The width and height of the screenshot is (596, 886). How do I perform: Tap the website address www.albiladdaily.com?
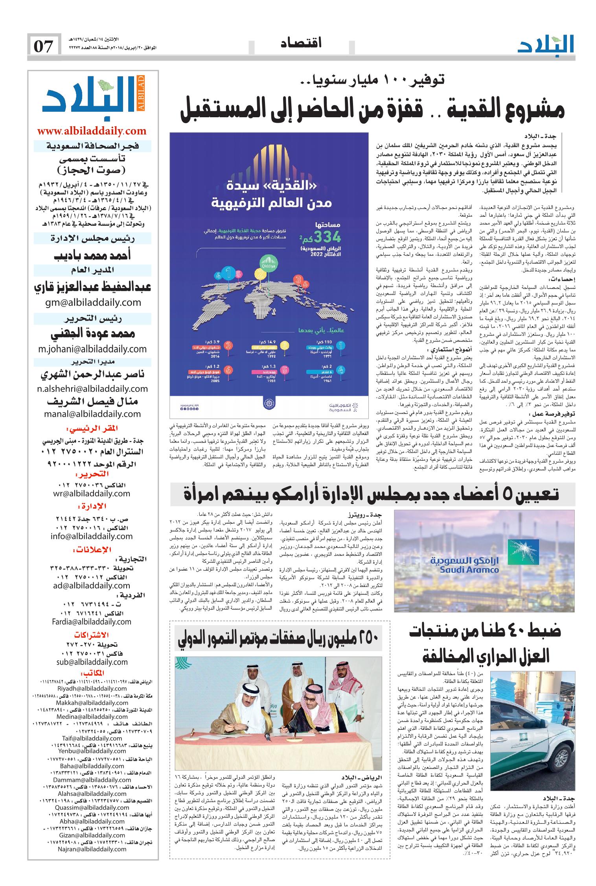(x=92, y=131)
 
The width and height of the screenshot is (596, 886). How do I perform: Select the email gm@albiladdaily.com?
(x=92, y=302)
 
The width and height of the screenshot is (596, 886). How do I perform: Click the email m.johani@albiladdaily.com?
(x=92, y=349)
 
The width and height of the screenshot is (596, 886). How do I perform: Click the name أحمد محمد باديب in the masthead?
(x=92, y=255)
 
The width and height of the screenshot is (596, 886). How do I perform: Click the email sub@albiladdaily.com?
(x=92, y=662)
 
